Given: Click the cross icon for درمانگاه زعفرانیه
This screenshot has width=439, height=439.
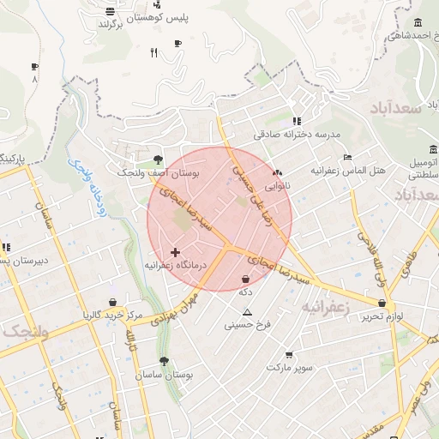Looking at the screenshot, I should (176, 252).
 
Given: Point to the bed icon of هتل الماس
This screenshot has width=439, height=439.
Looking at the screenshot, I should (346, 157).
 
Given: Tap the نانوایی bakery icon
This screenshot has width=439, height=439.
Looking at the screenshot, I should (276, 171).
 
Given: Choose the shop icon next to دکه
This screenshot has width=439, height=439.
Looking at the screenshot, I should (247, 280).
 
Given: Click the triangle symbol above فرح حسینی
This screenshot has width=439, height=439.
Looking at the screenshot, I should (248, 312).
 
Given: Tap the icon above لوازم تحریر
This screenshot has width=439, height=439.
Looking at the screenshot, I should (382, 303).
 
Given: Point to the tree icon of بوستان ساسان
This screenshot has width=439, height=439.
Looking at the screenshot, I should (164, 362).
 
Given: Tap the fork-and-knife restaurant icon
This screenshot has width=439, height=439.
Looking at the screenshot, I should (154, 53).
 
